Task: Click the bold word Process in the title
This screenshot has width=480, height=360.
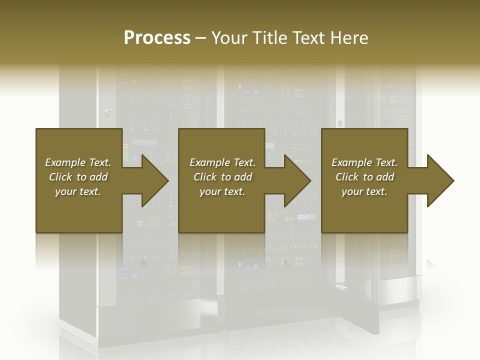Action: point(157,38)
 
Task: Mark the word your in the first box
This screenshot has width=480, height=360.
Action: point(65,191)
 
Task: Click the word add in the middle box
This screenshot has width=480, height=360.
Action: point(243,177)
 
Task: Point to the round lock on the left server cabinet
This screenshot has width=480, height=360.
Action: point(108,112)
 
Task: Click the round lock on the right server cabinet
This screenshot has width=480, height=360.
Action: point(341,123)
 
